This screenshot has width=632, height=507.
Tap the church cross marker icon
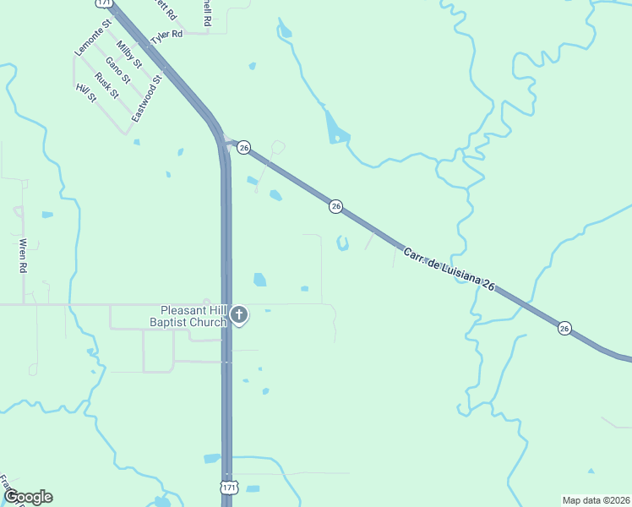pyautogui.click(x=239, y=316)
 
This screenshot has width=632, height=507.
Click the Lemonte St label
pyautogui.click(x=93, y=40)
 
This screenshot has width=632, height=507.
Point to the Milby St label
pyautogui.click(x=129, y=54)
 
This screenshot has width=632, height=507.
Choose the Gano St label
pyautogui.click(x=118, y=70)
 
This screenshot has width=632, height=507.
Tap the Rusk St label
pyautogui.click(x=106, y=84)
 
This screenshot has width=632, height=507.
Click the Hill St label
pyautogui.click(x=86, y=93)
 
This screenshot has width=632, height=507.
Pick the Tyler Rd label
pyautogui.click(x=166, y=36)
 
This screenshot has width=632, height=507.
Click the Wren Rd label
pyautogui.click(x=24, y=256)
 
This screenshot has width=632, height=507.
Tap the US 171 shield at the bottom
pyautogui.click(x=228, y=488)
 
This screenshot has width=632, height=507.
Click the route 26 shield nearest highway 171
pyautogui.click(x=243, y=147)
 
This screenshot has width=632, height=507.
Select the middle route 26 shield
pyautogui.click(x=335, y=206)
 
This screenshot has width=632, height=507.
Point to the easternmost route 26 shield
pyautogui.click(x=564, y=328)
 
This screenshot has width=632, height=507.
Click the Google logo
pyautogui.click(x=28, y=497)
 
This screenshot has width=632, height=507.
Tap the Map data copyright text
pyautogui.click(x=596, y=499)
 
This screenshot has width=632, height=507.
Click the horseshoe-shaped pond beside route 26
pyautogui.click(x=342, y=244)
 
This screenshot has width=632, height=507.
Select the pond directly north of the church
pyautogui.click(x=259, y=279)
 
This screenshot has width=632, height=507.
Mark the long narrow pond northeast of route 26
pyautogui.click(x=335, y=128)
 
